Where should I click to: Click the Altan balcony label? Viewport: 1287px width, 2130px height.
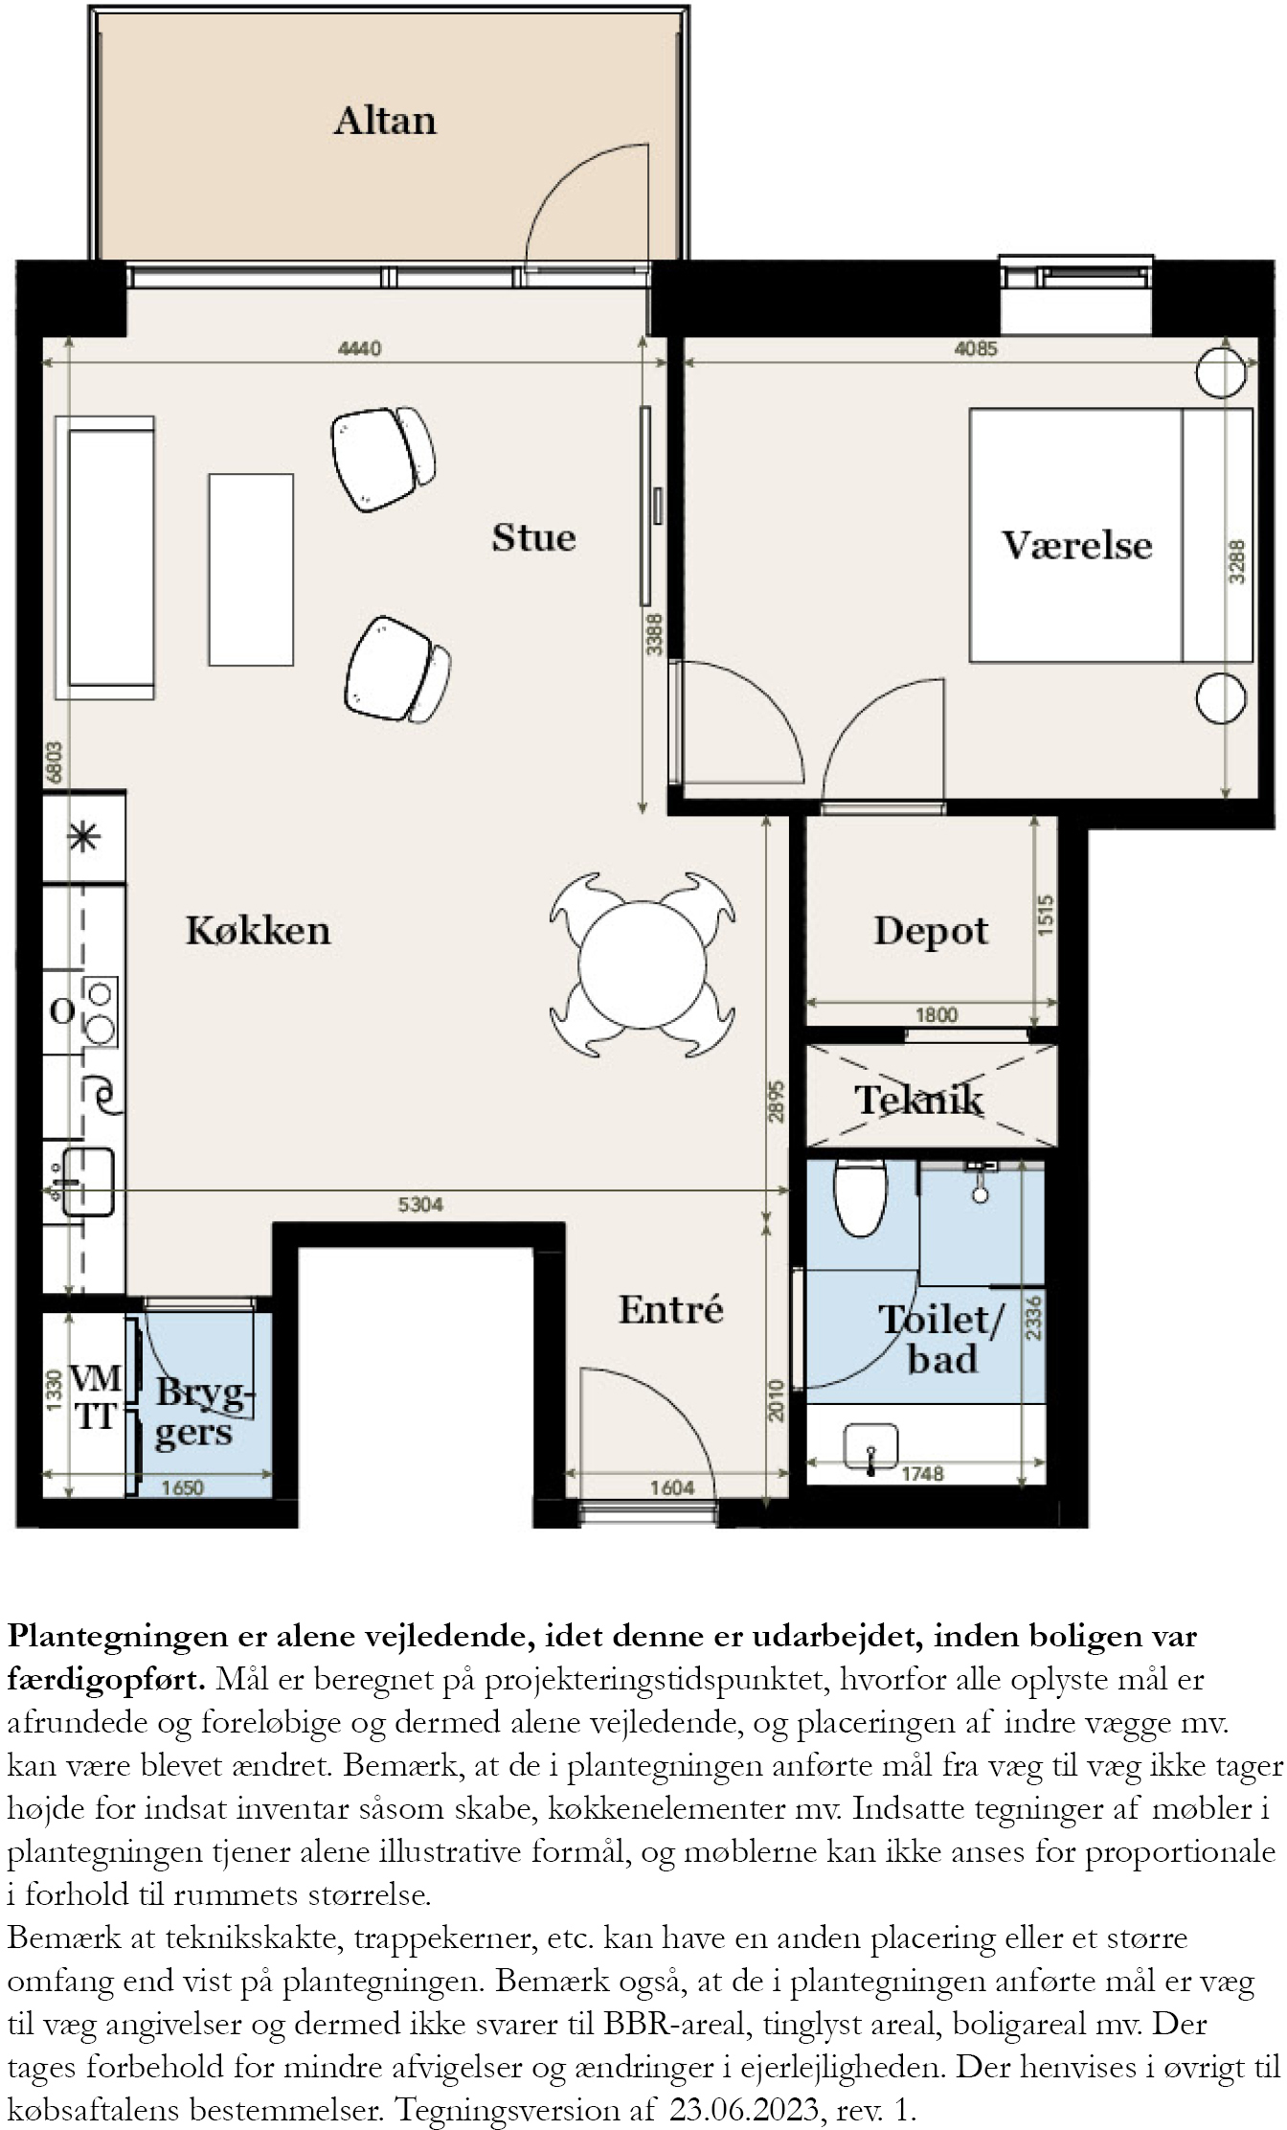385,121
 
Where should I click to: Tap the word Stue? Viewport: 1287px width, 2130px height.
533,537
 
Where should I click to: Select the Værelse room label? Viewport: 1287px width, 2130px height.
1076,545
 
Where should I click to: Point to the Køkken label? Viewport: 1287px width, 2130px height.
258,930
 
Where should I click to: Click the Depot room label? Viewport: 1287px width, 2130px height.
931,931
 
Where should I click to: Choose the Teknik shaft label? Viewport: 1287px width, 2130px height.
918,1099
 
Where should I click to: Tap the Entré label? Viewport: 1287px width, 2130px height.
670,1309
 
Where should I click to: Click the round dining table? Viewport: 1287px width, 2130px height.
643,963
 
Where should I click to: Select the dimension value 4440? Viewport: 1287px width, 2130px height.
359,349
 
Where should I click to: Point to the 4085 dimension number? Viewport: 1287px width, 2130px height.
976,349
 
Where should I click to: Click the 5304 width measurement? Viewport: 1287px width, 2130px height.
420,1204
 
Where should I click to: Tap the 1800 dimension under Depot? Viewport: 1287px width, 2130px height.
936,1014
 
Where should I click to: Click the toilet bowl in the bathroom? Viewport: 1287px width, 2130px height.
861,1197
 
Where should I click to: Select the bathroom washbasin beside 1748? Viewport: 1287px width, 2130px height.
871,1446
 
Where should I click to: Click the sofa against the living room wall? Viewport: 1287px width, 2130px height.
105,557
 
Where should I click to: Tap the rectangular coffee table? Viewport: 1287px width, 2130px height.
251,569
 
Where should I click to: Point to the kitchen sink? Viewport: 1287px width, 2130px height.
86,1182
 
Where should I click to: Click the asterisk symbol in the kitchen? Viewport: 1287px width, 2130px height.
83,837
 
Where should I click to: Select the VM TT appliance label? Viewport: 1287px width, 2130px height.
96,1397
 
